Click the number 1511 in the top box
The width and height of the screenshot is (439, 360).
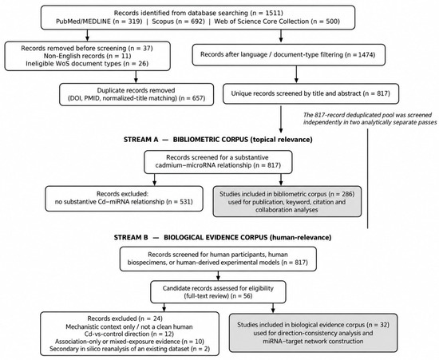tap(274, 13)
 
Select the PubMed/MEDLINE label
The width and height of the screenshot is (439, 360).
tap(83, 22)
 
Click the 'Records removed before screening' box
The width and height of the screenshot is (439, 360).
tap(87, 56)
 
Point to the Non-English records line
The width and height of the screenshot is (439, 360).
tap(87, 56)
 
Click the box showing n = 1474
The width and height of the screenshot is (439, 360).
tap(289, 54)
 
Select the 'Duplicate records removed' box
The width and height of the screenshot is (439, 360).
tap(136, 94)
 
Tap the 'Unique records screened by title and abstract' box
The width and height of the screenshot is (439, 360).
tap(310, 93)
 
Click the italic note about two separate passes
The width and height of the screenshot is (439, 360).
tap(370, 119)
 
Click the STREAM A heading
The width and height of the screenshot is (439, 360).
tap(218, 140)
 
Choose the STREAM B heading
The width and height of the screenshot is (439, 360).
tap(223, 237)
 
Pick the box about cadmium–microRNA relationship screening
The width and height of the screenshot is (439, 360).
tap(218, 161)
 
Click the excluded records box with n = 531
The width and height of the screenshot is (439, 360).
tap(124, 199)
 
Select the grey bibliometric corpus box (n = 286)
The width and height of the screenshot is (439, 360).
tap(287, 202)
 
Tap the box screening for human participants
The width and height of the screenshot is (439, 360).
tap(218, 259)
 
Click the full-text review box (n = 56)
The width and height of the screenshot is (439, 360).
tap(218, 292)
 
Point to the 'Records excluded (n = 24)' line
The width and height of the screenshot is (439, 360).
tap(125, 318)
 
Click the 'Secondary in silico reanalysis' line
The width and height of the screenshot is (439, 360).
tap(129, 349)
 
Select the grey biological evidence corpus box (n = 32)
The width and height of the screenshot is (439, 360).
tap(313, 333)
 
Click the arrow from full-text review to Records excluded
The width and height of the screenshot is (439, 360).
tap(164, 307)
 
